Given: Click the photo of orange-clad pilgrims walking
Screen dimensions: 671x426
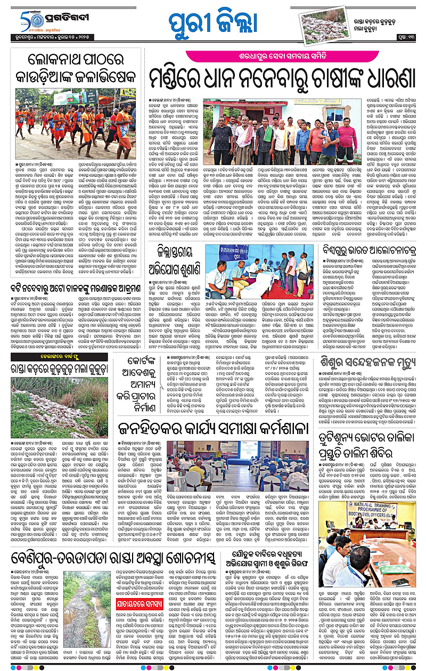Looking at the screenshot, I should tap(75, 124).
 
